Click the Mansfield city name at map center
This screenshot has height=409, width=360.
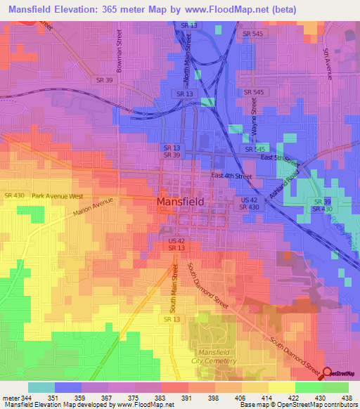click(x=180, y=201)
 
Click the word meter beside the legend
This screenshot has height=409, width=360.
click(x=12, y=398)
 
